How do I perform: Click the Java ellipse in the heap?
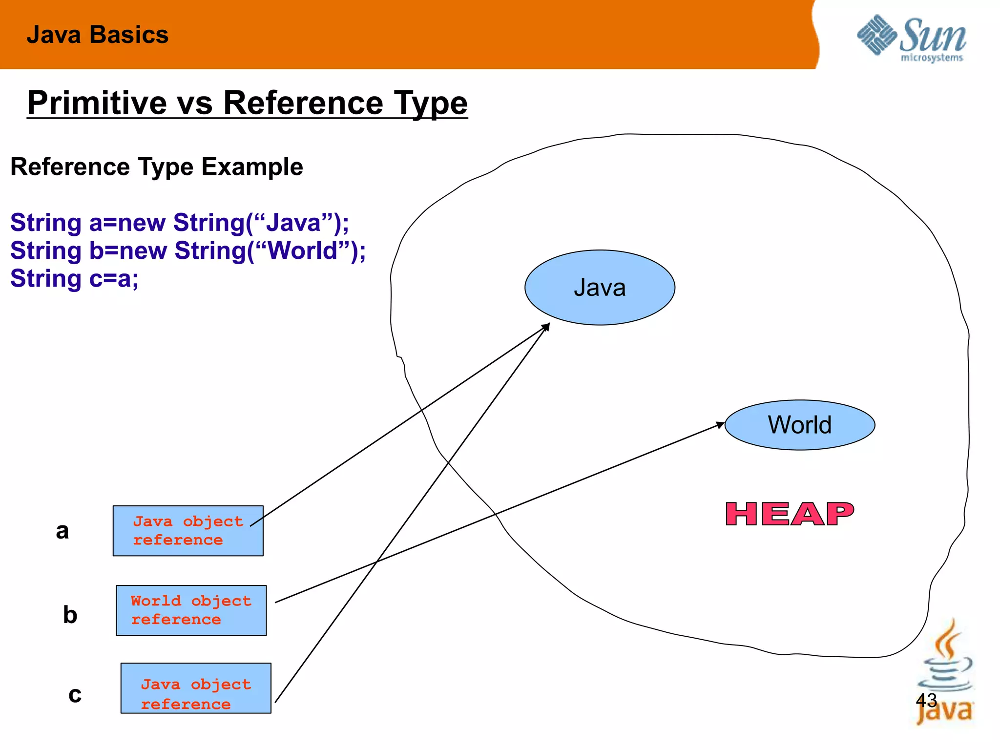click(600, 288)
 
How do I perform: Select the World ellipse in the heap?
click(799, 425)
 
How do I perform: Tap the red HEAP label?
click(790, 515)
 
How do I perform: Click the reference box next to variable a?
click(188, 531)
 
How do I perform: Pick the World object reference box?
click(191, 610)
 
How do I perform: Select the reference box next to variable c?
click(196, 688)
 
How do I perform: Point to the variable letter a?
click(62, 531)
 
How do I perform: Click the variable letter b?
click(70, 614)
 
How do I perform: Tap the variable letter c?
click(75, 695)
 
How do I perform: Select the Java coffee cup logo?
click(944, 674)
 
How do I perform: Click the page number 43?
click(926, 700)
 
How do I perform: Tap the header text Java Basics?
click(98, 35)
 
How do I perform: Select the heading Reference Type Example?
click(157, 167)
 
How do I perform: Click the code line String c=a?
click(74, 279)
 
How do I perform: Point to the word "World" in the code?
click(303, 251)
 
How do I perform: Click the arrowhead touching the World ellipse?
click(720, 425)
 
